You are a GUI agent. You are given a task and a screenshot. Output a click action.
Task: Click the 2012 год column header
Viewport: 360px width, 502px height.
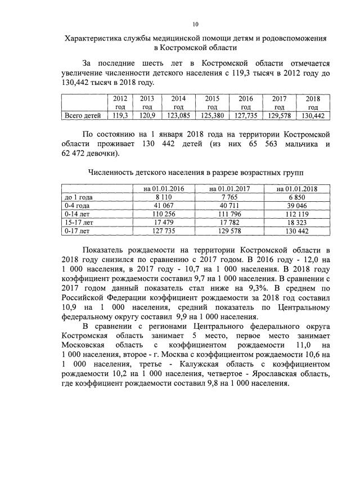coord(120,102)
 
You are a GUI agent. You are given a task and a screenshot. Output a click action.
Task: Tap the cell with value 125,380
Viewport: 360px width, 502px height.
coord(212,116)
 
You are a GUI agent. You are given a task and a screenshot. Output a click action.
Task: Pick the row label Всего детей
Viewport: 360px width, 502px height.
coord(83,116)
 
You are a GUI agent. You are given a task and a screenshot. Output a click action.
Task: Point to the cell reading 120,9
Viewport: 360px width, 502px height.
coord(147,116)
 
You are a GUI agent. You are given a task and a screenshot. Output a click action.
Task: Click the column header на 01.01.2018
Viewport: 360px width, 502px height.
coord(294,188)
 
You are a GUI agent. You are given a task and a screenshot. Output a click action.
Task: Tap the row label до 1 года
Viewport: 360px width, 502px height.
coord(79,197)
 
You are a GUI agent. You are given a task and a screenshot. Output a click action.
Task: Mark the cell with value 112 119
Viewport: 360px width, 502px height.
coord(294,214)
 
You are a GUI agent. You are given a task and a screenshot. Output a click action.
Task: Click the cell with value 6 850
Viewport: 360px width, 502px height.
coord(294,197)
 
